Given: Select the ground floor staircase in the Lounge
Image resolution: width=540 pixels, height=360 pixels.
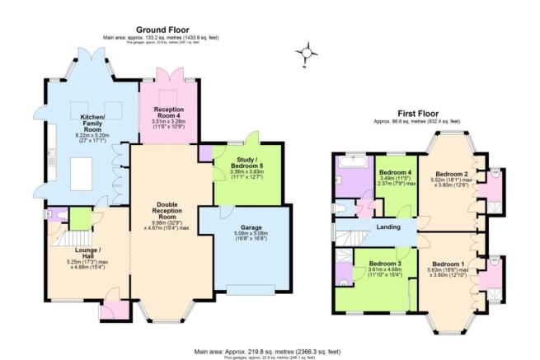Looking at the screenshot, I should pos(61,242).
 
